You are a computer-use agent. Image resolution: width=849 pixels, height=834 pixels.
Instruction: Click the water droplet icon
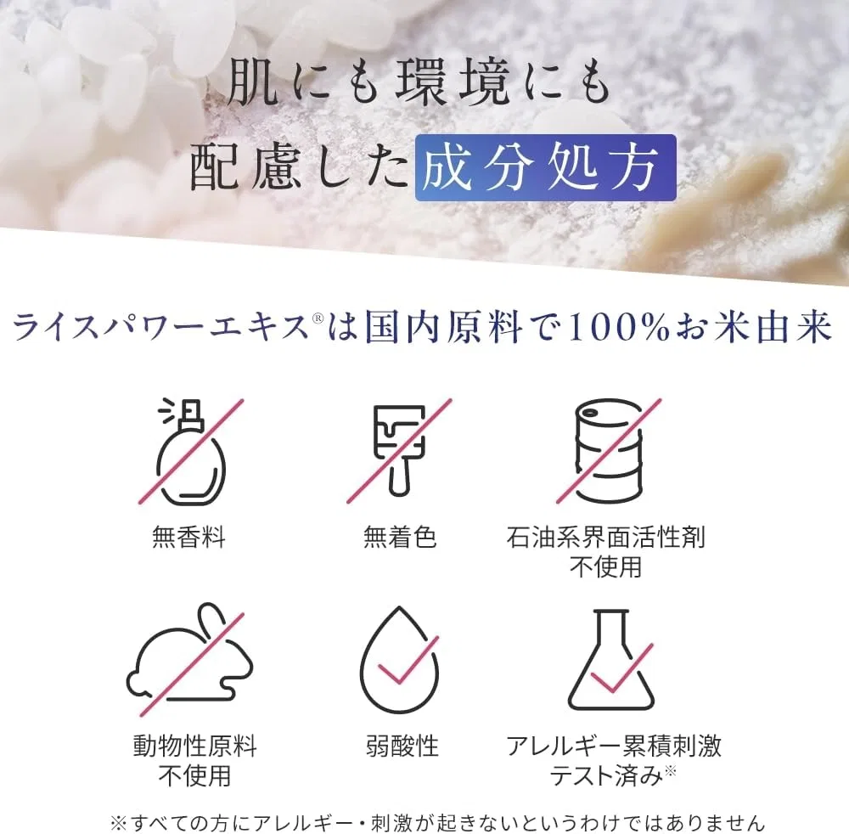pyautogui.click(x=400, y=660)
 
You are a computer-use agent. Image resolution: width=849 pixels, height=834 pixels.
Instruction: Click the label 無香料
pyautogui.click(x=188, y=538)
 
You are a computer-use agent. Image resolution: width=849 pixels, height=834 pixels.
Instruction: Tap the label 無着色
pyautogui.click(x=400, y=538)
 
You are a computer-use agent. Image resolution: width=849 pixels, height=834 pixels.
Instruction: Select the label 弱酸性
pyautogui.click(x=402, y=746)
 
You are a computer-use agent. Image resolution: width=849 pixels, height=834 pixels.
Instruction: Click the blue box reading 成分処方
pyautogui.click(x=546, y=168)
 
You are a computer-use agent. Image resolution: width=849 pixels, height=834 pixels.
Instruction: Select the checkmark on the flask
pyautogui.click(x=621, y=668)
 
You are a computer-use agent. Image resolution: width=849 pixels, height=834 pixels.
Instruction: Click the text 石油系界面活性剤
pyautogui.click(x=606, y=538)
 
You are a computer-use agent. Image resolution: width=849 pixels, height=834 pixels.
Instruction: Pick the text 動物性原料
pyautogui.click(x=195, y=746)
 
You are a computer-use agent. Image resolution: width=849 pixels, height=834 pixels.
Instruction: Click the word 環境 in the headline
pyautogui.click(x=453, y=83)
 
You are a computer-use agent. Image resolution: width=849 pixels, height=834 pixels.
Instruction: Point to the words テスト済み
pyautogui.click(x=606, y=776)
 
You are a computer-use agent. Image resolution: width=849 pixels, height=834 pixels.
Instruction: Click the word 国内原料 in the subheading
pyautogui.click(x=443, y=328)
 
